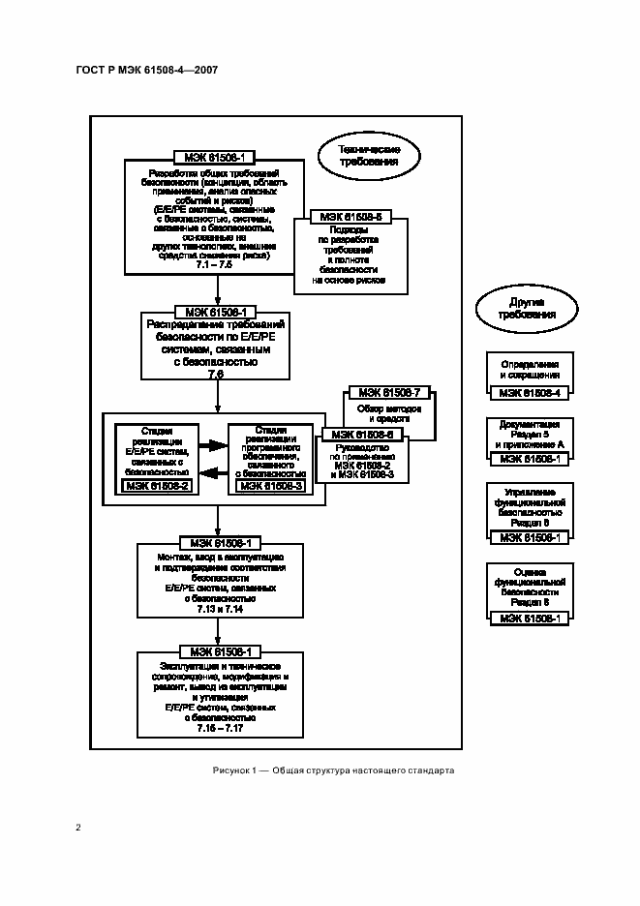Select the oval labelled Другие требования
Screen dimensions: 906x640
click(527, 309)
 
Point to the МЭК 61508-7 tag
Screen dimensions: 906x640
click(387, 393)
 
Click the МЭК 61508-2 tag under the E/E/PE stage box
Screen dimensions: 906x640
click(158, 486)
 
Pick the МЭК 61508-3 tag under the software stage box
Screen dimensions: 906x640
click(271, 486)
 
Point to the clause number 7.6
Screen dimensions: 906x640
click(216, 374)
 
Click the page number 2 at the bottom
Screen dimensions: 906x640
click(77, 827)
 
